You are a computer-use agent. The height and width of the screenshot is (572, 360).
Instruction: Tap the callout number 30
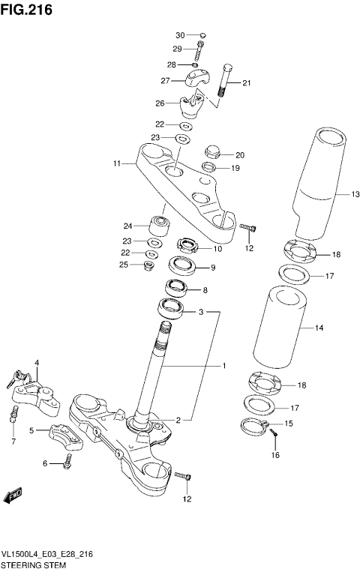(179, 35)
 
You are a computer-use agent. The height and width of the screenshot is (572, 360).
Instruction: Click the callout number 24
(127, 225)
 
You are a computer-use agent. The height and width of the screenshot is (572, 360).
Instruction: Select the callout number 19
(235, 168)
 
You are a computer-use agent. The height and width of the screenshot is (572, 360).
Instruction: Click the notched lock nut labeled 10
(187, 244)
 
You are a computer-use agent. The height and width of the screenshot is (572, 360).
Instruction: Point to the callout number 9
(212, 268)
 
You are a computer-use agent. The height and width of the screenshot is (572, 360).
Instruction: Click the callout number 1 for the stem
(223, 367)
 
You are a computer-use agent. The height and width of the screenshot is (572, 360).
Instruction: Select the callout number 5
(31, 430)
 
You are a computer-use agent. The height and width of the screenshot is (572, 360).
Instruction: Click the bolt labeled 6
(67, 462)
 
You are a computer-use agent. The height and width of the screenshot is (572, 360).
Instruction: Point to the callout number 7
(13, 441)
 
